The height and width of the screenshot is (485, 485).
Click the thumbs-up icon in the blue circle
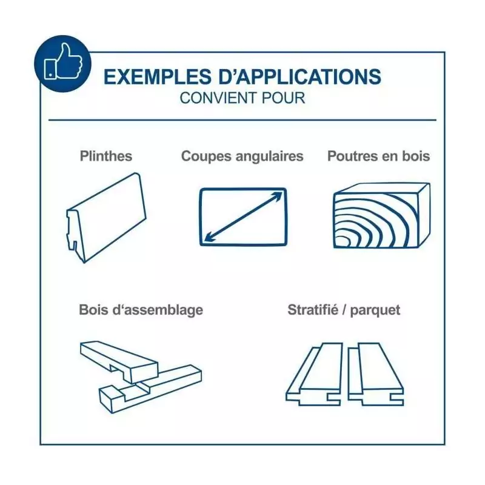tap(63, 62)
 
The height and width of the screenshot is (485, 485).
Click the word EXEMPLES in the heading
tap(158, 77)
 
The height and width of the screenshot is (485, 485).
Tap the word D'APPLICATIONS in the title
tap(300, 77)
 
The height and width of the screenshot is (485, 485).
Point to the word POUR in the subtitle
tap(283, 98)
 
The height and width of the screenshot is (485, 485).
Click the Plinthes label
tap(106, 156)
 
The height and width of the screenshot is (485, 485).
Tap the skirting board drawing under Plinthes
tap(106, 218)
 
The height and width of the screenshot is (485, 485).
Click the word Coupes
tap(206, 157)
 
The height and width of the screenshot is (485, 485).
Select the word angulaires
tap(269, 157)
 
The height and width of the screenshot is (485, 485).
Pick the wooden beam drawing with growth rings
tap(382, 215)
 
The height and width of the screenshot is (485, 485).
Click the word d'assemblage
tap(158, 310)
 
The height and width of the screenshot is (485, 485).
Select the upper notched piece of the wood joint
tap(119, 361)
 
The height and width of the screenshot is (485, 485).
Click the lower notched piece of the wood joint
tap(150, 389)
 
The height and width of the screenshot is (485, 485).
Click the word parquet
tap(375, 310)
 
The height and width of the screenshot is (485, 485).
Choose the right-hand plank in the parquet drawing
tap(375, 374)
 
